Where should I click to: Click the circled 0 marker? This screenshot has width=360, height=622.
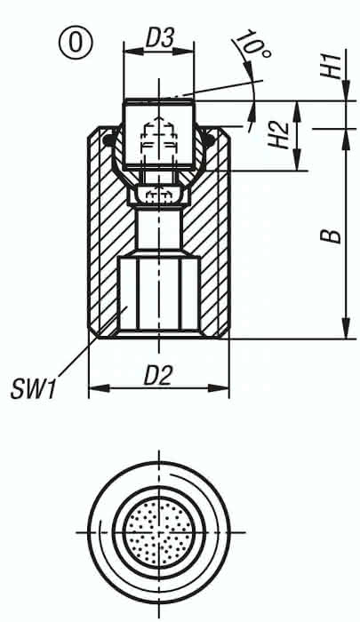(x=75, y=42)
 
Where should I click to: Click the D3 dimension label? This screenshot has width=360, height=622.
(x=159, y=40)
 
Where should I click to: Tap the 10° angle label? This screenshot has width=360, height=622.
(x=252, y=44)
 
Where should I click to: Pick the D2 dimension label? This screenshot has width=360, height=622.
(x=158, y=375)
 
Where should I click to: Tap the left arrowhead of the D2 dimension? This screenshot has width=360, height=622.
(x=99, y=388)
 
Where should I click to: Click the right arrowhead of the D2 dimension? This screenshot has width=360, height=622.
(x=219, y=388)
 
